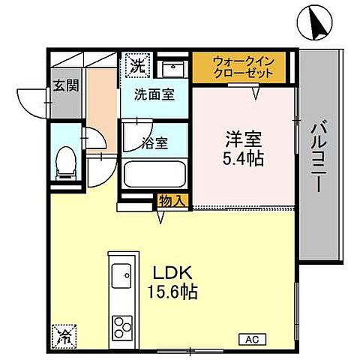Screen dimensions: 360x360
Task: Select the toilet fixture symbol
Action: [66, 163]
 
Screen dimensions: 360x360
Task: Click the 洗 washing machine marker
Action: [137, 66]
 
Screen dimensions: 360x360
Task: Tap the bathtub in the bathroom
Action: [154, 175]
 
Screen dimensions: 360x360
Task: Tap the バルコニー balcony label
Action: [318, 155]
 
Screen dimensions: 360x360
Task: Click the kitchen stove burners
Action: [121, 326]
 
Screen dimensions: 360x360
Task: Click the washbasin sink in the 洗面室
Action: [172, 68]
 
